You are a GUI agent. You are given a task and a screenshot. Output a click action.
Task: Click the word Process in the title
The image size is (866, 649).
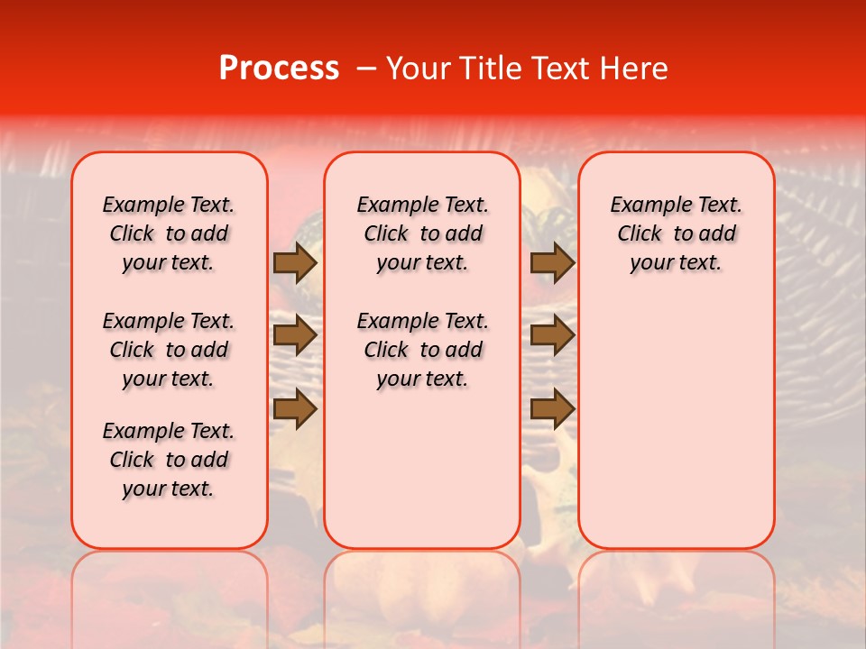(x=279, y=69)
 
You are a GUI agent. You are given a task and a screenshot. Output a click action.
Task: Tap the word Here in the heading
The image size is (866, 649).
(x=635, y=69)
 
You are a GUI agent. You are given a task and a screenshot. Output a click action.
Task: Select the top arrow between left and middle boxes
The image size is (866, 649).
(x=295, y=263)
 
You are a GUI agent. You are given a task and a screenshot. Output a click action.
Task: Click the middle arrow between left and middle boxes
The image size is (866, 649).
(x=295, y=336)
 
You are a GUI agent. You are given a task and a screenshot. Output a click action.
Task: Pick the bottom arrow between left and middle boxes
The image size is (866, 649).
(x=295, y=409)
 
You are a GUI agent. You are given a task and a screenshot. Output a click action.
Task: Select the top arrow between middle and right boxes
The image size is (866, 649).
(x=552, y=263)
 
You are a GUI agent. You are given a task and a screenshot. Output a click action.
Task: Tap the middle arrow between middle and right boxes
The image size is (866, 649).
(x=552, y=336)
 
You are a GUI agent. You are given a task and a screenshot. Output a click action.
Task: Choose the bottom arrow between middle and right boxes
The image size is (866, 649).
(x=552, y=409)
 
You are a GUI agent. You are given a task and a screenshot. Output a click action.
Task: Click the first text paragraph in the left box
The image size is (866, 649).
(x=169, y=233)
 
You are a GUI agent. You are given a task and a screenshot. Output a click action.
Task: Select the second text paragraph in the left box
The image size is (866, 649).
(x=169, y=350)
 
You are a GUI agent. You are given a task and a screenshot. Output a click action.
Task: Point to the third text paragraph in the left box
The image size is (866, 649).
(x=169, y=460)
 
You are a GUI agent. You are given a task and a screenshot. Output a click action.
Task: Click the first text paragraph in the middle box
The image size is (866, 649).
(x=422, y=233)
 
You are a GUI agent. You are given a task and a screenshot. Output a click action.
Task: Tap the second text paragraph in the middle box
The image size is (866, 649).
(x=422, y=350)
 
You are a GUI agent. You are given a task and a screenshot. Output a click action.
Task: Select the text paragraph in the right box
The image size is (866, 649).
(x=677, y=233)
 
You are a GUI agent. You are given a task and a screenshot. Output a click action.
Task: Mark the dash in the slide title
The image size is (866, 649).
(x=365, y=69)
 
